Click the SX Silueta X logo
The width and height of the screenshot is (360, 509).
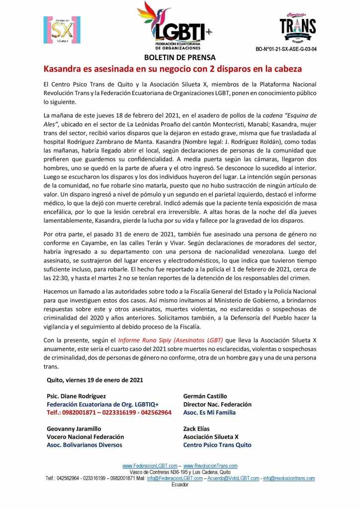(x=62, y=30)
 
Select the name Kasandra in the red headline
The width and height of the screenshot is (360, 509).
(x=63, y=68)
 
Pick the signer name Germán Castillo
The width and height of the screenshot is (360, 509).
(x=205, y=396)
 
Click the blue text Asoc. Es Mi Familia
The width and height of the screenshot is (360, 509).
(x=209, y=412)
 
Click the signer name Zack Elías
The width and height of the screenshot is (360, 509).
(x=196, y=428)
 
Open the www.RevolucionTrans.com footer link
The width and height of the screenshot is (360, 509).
(x=210, y=466)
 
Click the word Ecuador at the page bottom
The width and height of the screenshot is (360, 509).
(x=180, y=484)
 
